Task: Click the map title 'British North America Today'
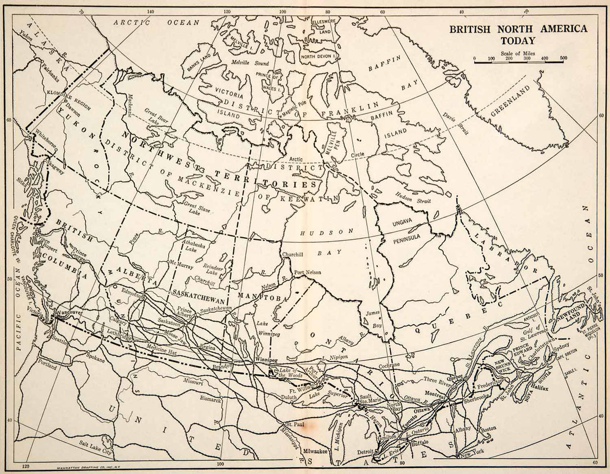517,35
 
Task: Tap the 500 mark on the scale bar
563,59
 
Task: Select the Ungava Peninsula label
405,231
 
